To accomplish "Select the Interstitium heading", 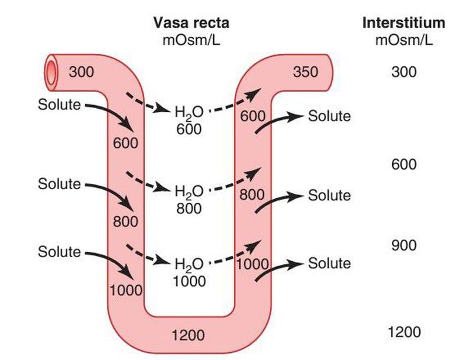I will pos(403,23).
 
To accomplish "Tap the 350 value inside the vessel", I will pos(305,72).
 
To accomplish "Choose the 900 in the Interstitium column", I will pos(403,245).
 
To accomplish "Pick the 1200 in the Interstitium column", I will pos(404,332).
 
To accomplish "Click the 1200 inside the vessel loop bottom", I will pos(187,336).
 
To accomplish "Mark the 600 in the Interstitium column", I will pos(403,164).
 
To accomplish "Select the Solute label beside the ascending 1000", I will pos(329,263).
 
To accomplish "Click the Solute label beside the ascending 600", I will pos(329,116).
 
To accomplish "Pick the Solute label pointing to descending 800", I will pos(59,183).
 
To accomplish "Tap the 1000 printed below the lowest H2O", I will pos(189,281).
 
